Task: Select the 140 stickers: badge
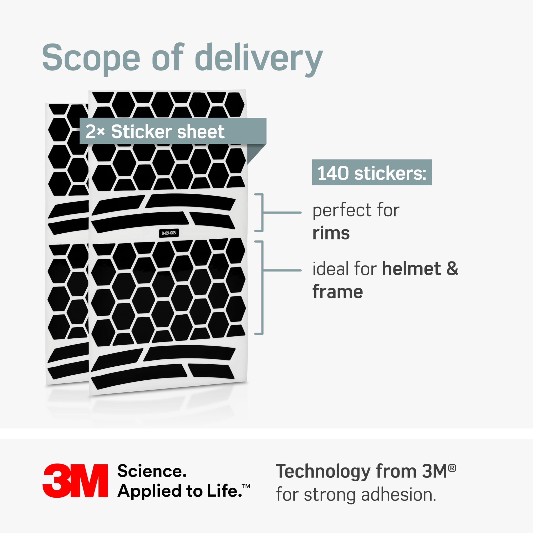pyautogui.click(x=372, y=172)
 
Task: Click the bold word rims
pyautogui.click(x=331, y=233)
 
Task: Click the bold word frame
pyautogui.click(x=338, y=292)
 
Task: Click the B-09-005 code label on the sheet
pyautogui.click(x=169, y=233)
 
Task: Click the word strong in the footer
pyautogui.click(x=330, y=496)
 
